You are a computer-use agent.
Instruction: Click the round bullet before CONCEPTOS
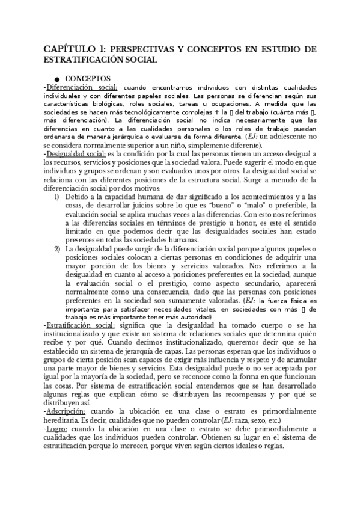[56, 79]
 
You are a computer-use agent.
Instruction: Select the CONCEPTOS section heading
[87, 79]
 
